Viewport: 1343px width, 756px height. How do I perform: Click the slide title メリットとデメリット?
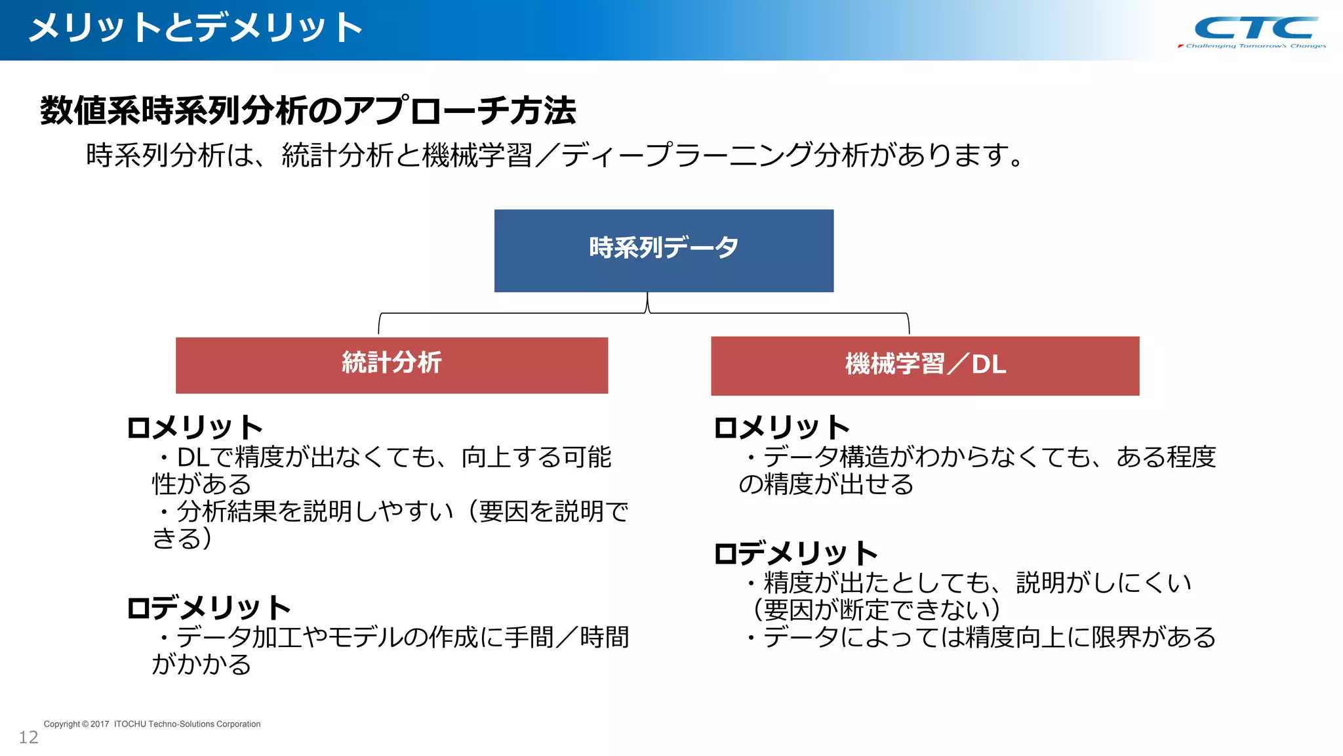click(x=195, y=28)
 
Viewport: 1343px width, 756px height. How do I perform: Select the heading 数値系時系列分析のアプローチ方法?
click(x=308, y=110)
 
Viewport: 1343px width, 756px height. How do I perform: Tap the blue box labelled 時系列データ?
click(x=664, y=250)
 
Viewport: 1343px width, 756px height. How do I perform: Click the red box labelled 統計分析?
click(x=391, y=365)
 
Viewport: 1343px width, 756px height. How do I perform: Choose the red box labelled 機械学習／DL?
click(x=925, y=366)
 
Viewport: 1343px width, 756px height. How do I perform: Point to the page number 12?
click(x=28, y=738)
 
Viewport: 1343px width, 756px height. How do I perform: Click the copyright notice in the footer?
click(x=151, y=724)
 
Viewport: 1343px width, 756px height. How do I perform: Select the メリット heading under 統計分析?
click(x=195, y=428)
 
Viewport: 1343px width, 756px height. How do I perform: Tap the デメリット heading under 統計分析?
click(x=209, y=608)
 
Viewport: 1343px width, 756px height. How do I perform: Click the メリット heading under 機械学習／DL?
click(x=782, y=428)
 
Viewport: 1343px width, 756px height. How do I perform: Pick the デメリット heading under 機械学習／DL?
click(x=795, y=554)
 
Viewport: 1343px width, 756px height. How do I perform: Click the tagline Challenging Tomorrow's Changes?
click(x=1255, y=46)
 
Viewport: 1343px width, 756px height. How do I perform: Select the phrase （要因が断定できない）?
click(x=877, y=610)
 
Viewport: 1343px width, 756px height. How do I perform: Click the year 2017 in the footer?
click(x=100, y=724)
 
